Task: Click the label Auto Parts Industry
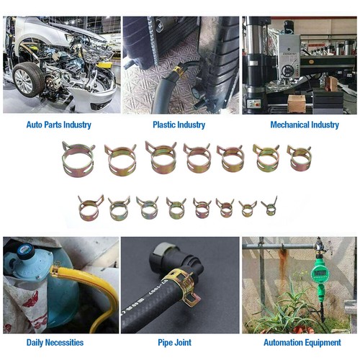[x=58, y=125]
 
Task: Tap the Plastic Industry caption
[x=180, y=125]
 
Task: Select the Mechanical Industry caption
[x=304, y=125]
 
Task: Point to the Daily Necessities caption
[x=55, y=343]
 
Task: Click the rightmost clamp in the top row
[x=299, y=158]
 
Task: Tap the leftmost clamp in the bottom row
[x=90, y=209]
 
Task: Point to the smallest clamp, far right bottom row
[x=269, y=208]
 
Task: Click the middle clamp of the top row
[x=197, y=158]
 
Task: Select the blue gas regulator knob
[x=22, y=253]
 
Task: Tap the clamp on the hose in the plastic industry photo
[x=177, y=71]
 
